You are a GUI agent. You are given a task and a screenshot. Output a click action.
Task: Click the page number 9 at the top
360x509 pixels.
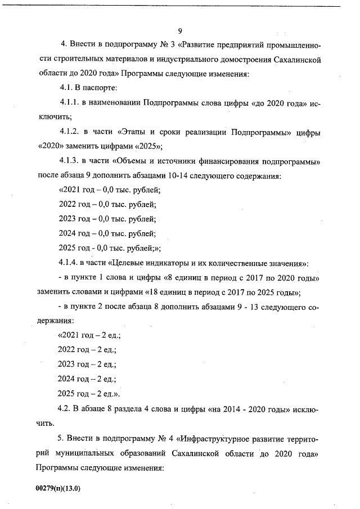(x=179, y=30)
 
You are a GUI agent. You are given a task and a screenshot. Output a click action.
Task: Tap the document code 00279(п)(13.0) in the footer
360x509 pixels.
(x=58, y=488)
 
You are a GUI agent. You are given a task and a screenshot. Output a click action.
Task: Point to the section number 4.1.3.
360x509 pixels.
(x=69, y=161)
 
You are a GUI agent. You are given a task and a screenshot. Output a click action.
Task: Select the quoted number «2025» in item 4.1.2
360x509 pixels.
(x=145, y=147)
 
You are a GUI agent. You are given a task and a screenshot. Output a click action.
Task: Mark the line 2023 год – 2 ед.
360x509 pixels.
(x=86, y=365)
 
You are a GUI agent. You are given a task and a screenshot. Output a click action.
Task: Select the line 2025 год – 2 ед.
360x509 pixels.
(x=89, y=394)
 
